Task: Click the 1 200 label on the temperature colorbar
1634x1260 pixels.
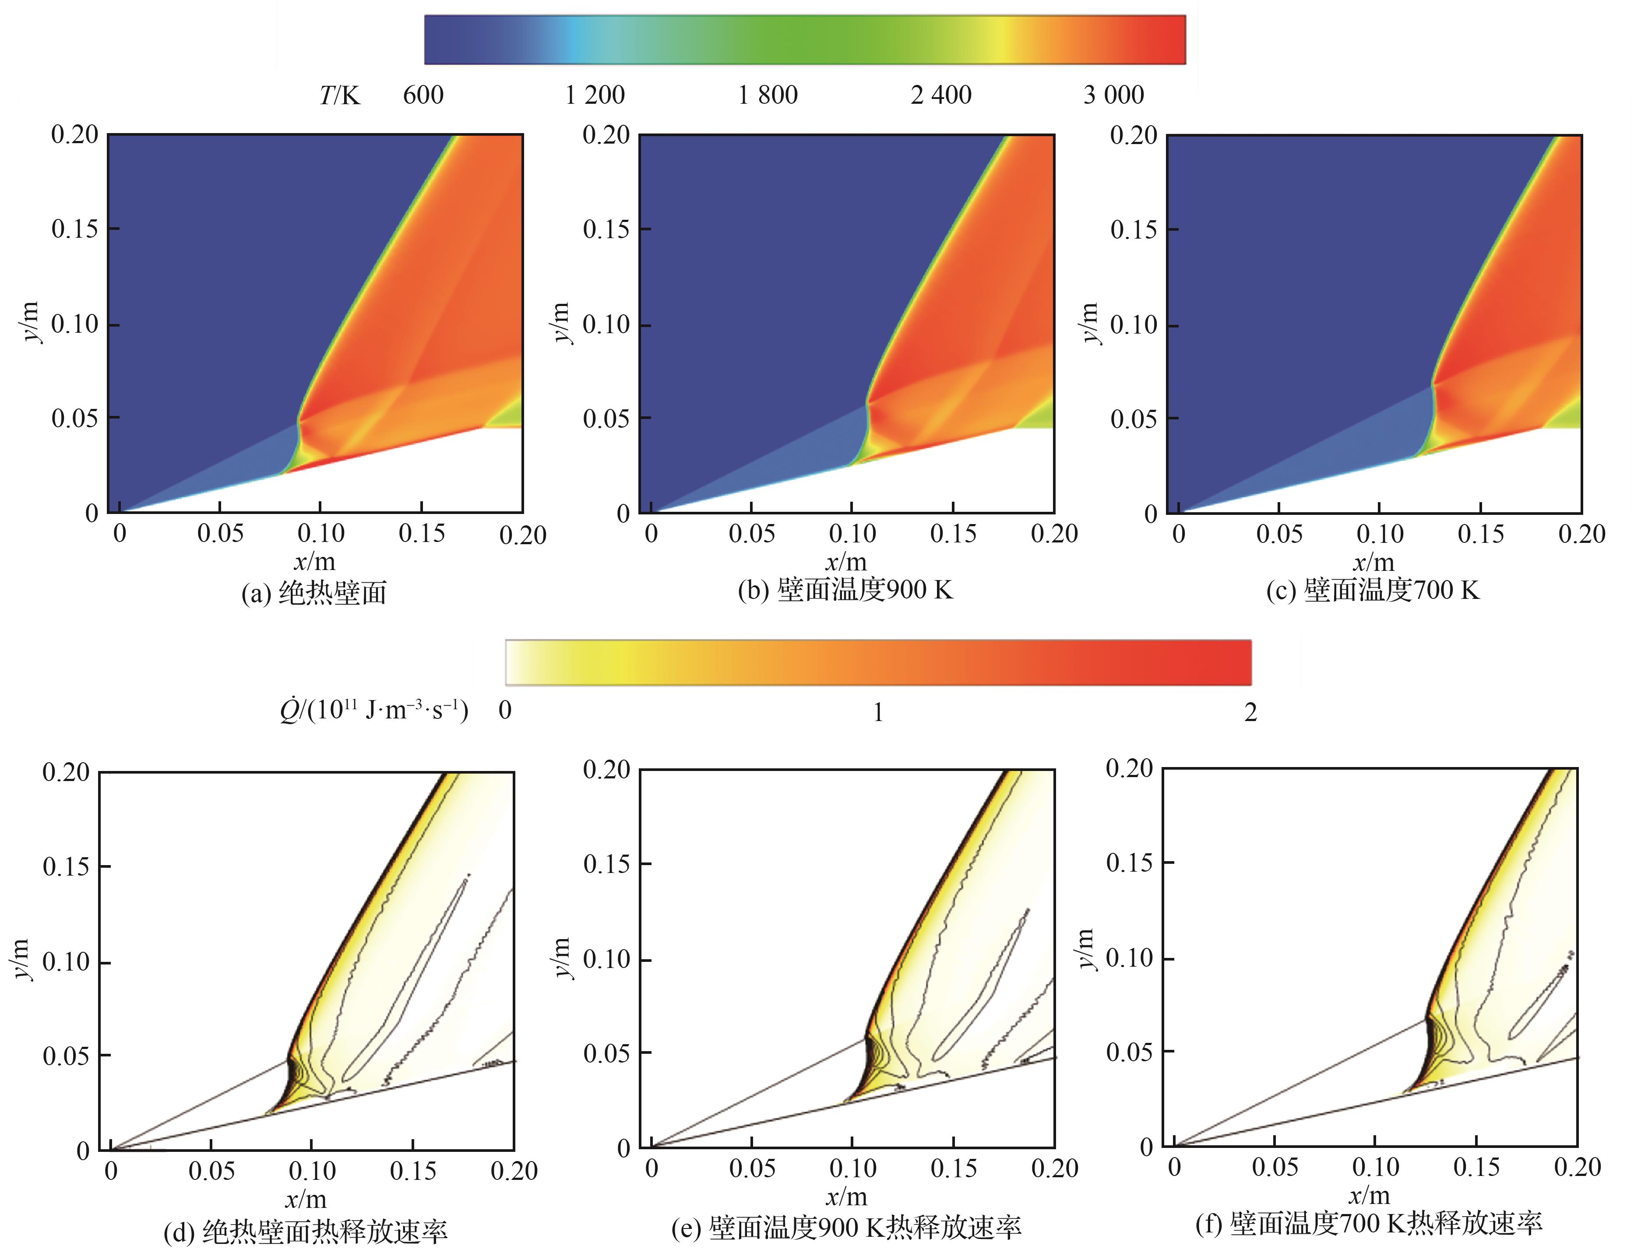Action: point(595,95)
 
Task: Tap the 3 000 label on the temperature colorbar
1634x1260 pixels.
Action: point(1113,95)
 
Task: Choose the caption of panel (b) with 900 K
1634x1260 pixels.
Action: point(845,590)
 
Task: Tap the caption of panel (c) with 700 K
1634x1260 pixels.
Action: point(1373,590)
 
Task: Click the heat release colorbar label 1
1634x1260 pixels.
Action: point(878,712)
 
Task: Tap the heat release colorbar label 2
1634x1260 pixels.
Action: point(1250,712)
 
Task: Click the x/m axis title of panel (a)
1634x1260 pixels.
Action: point(314,561)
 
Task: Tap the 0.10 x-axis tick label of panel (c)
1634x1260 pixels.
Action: point(1380,534)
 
